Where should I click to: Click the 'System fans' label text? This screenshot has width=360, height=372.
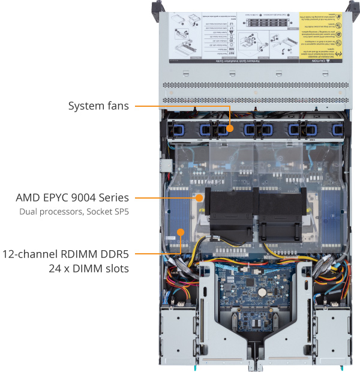pyautogui.click(x=98, y=106)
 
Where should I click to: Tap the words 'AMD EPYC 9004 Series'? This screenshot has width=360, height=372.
pyautogui.click(x=73, y=197)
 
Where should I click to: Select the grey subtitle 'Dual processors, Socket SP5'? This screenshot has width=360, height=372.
pyautogui.click(x=74, y=211)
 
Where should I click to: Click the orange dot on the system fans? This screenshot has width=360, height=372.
pyautogui.click(x=229, y=128)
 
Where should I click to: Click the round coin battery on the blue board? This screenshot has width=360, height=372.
pyautogui.click(x=262, y=292)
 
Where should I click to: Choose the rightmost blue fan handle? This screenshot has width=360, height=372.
pyautogui.click(x=327, y=129)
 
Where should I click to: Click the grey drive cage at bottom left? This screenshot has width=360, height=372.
pyautogui.click(x=181, y=333)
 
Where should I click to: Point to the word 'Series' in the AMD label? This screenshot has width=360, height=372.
pyautogui.click(x=114, y=197)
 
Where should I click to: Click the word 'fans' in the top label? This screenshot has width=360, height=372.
pyautogui.click(x=117, y=106)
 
